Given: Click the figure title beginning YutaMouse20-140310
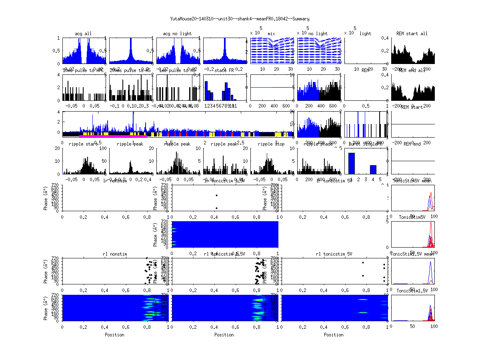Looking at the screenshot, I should [240, 19].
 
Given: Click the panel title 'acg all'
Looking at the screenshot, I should [83, 34].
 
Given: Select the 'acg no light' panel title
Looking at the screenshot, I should [178, 34].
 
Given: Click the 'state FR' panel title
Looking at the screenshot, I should [225, 70].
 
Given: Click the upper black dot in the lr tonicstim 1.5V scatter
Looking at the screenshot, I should [216, 195].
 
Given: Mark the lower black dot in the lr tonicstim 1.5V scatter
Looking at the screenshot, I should [216, 208].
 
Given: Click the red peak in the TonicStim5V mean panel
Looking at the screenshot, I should [431, 194].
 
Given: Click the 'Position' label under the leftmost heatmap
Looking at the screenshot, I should [114, 335].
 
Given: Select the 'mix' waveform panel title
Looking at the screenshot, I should [272, 34].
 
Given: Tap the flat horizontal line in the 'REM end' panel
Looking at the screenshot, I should [413, 161].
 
